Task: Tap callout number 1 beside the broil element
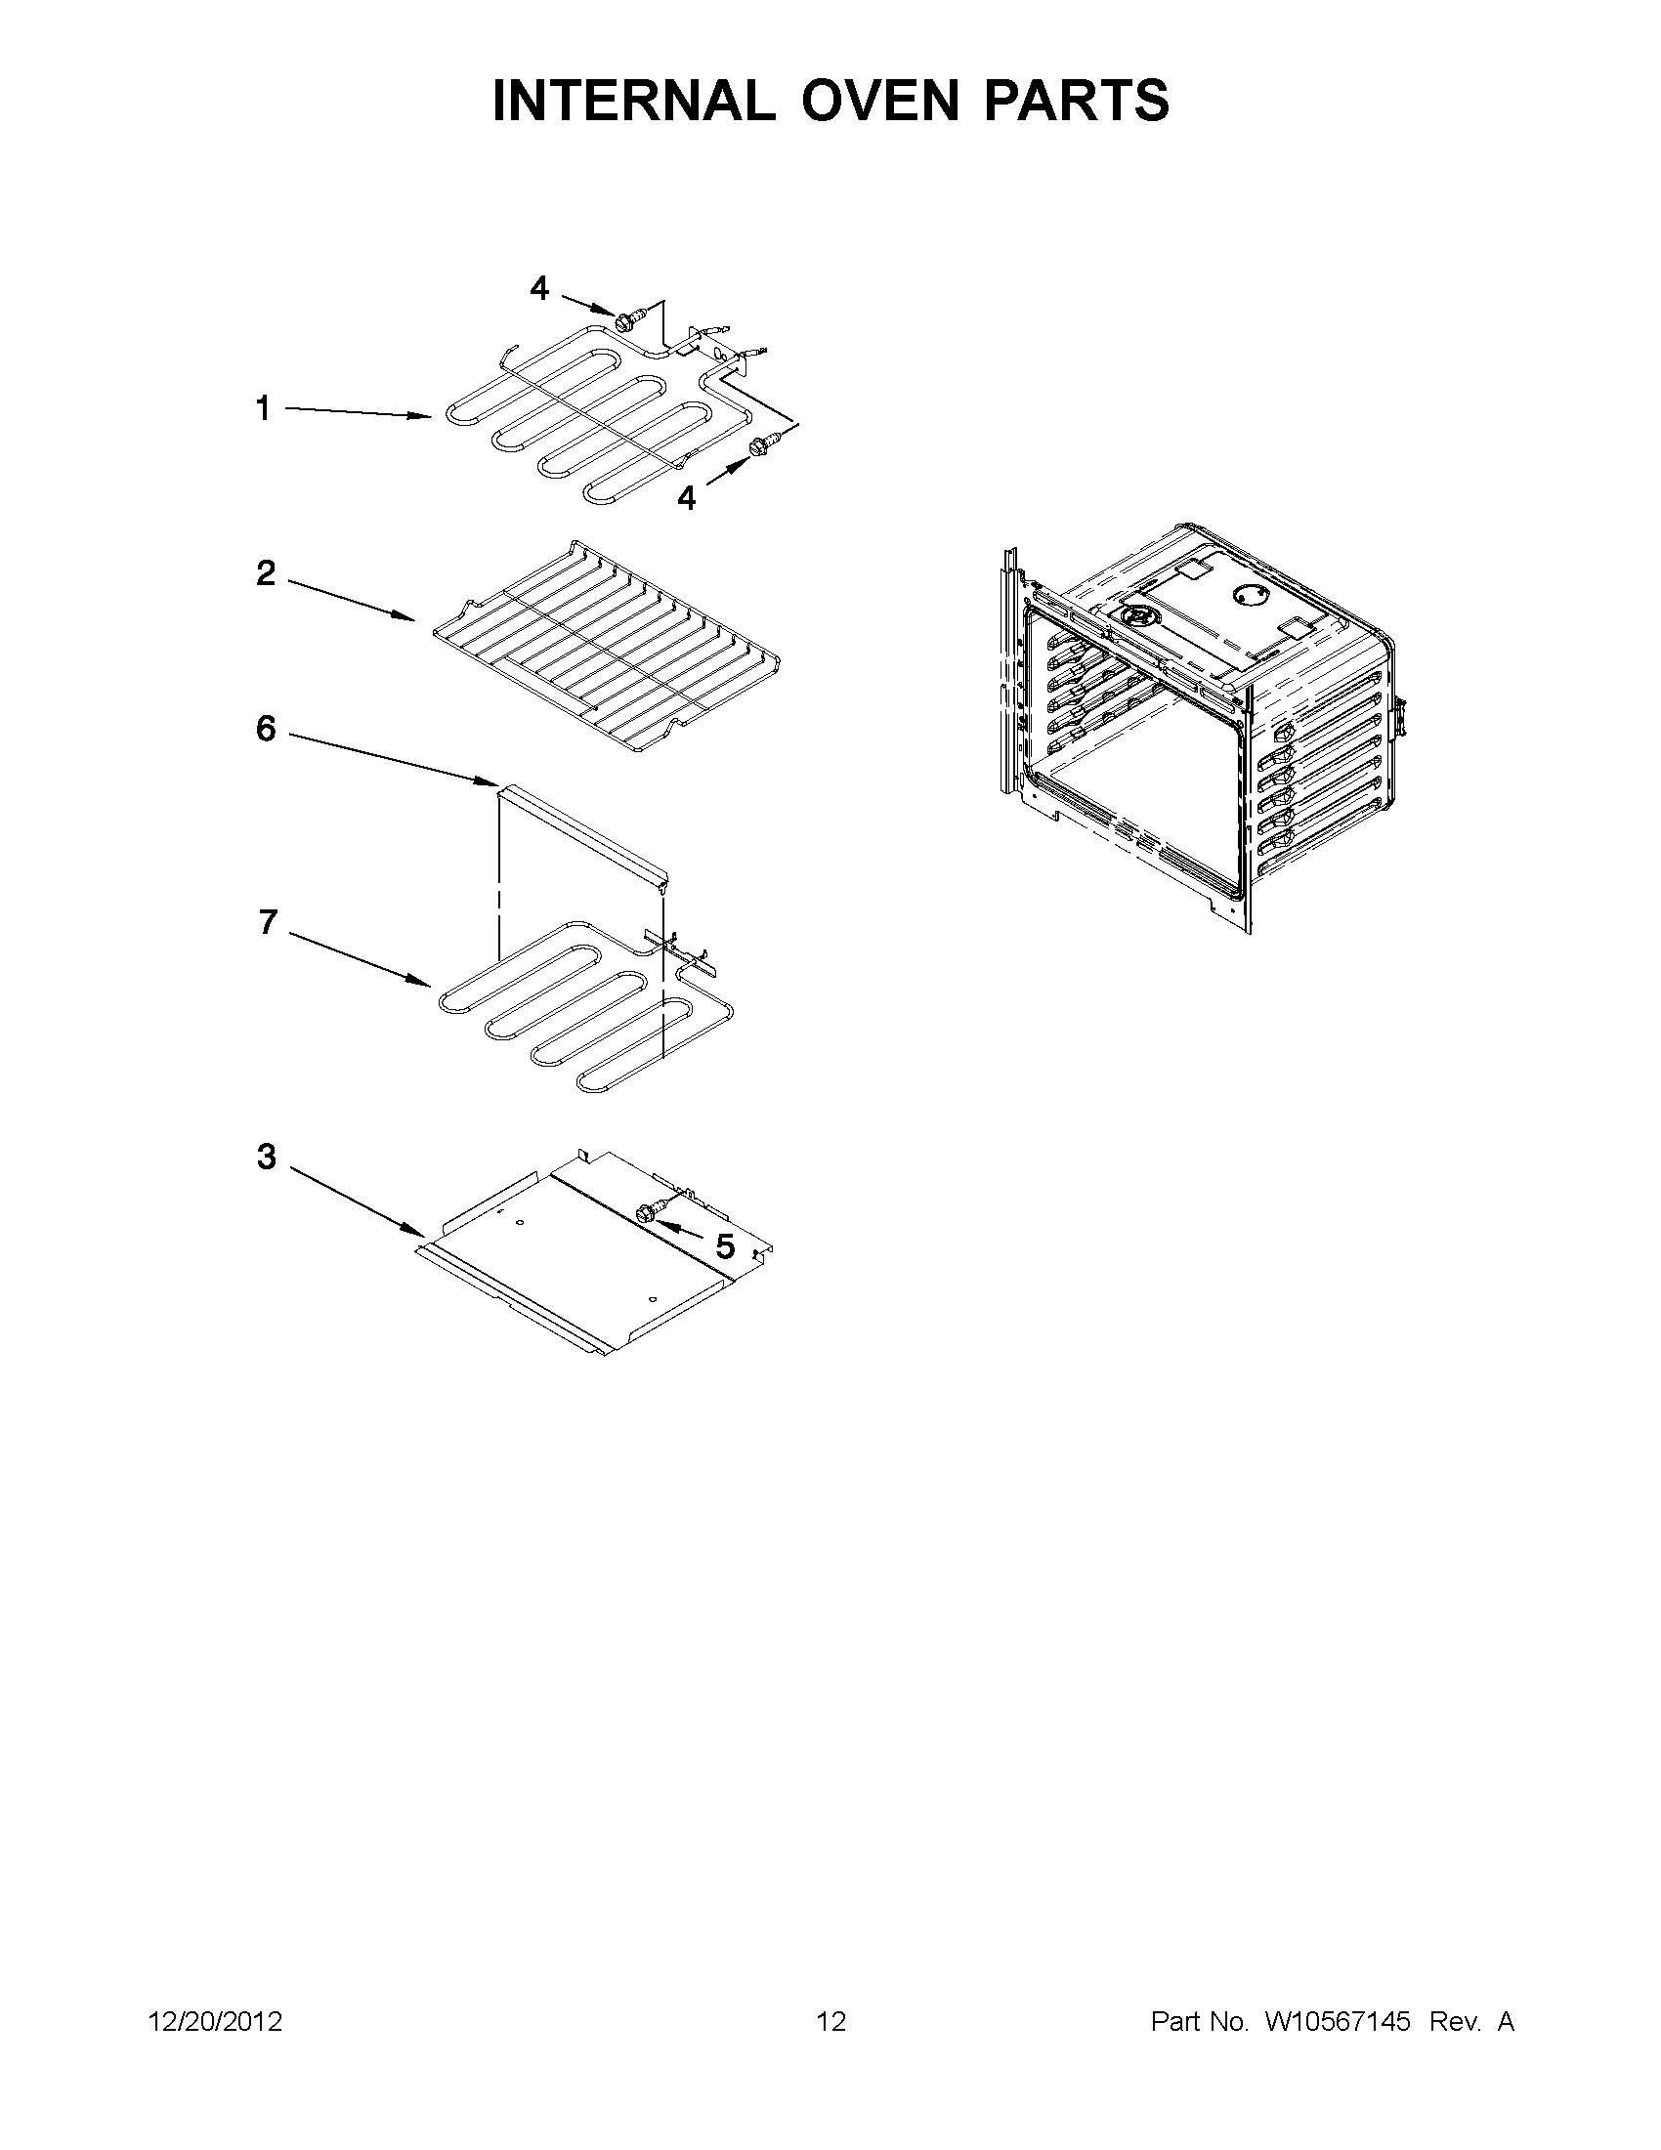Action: pos(263,407)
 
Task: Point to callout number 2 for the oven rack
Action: pos(266,573)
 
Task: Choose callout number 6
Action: pos(266,730)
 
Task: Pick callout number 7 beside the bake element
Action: pos(268,922)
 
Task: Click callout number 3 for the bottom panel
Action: pos(267,1157)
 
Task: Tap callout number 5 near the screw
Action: pos(725,1247)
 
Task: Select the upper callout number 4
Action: pos(539,288)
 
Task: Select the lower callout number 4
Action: pos(686,499)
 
